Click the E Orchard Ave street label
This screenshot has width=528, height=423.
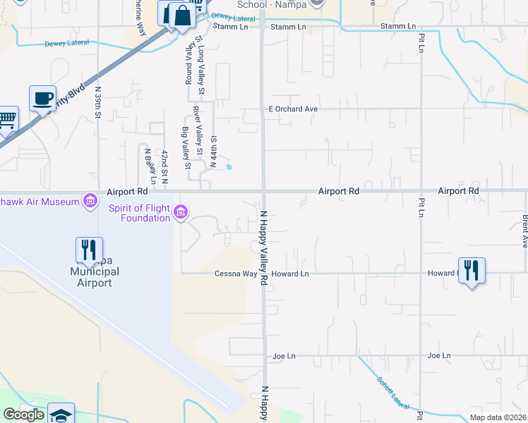[293, 109]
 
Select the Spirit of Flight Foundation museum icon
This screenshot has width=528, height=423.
[181, 212]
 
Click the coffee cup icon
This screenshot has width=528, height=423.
[42, 97]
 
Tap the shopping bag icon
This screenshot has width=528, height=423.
[182, 15]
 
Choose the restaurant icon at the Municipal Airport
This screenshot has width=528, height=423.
[88, 250]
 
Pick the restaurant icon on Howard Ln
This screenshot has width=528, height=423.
[472, 270]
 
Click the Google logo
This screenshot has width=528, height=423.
[24, 415]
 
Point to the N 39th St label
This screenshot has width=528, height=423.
[98, 104]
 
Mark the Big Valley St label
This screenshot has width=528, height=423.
[186, 149]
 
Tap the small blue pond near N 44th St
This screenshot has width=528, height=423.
[229, 167]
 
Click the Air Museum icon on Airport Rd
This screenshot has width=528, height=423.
[90, 202]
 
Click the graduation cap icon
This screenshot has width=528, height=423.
[61, 415]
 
